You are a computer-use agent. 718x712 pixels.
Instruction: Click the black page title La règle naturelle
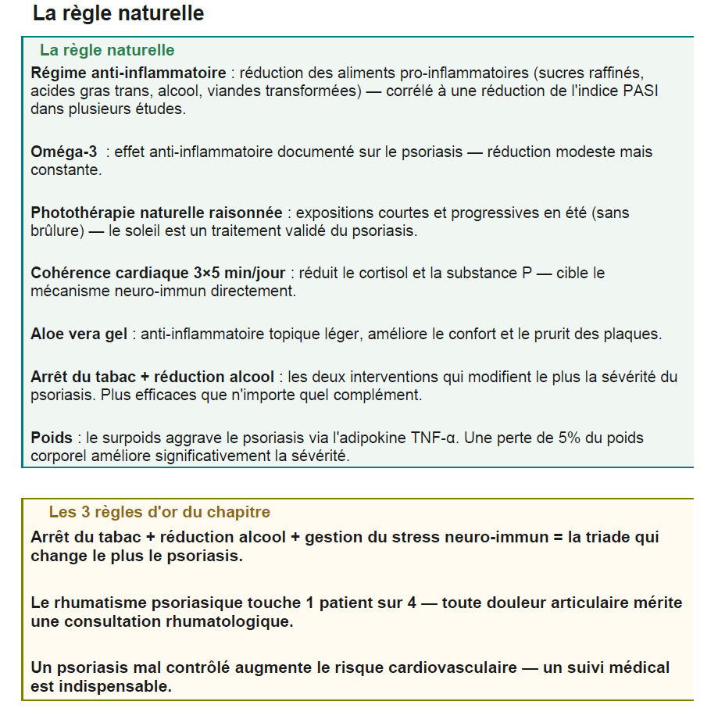118,13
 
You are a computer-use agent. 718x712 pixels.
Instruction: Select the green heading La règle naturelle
107,50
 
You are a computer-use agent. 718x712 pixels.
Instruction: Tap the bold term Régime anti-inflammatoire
128,73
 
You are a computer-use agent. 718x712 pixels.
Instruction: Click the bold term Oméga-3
64,152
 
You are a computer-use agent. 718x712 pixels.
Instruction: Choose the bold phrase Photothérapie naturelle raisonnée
156,213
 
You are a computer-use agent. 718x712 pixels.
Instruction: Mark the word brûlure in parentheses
56,231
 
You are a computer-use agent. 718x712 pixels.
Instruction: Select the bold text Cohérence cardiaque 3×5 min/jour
159,274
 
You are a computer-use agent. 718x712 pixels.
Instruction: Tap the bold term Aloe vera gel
79,335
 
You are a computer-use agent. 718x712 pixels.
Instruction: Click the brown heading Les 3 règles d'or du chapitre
159,513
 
